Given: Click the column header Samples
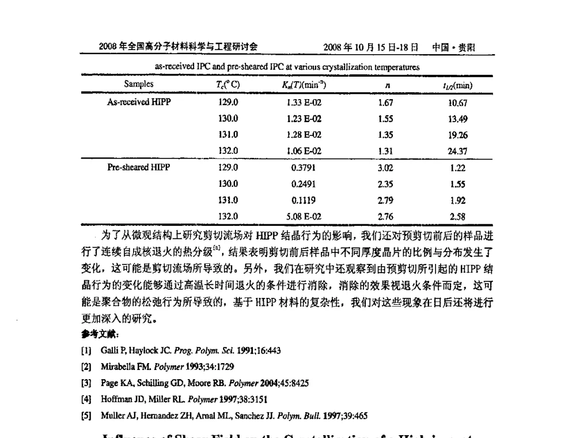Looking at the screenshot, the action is pyautogui.click(x=139, y=85).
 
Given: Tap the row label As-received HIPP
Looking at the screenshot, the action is pyautogui.click(x=139, y=102).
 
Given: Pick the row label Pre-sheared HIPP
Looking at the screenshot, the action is pyautogui.click(x=139, y=168).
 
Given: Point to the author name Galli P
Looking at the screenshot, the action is pyautogui.click(x=111, y=350).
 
